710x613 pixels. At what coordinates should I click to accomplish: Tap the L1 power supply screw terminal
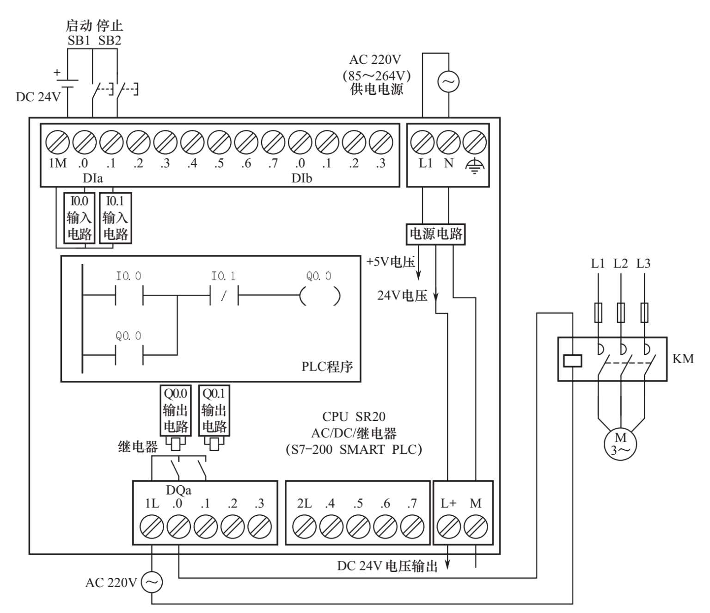[422, 142]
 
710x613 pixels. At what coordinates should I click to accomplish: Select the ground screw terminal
[475, 142]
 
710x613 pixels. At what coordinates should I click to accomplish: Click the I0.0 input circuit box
[79, 218]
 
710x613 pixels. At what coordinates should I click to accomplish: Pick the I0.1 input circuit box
[115, 218]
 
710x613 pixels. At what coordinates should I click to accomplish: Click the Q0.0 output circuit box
[175, 410]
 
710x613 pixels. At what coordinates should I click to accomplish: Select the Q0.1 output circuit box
[214, 410]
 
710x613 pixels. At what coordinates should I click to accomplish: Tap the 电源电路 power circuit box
[436, 234]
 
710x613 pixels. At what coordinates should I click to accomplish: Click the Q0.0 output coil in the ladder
[320, 296]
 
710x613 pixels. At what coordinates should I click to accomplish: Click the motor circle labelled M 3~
[620, 444]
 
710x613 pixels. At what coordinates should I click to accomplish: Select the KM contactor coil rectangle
[573, 360]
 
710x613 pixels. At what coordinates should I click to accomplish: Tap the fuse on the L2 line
[621, 312]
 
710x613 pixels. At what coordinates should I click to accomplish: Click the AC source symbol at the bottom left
[152, 582]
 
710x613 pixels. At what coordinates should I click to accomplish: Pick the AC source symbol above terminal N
[448, 82]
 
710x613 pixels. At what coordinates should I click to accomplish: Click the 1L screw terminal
[152, 527]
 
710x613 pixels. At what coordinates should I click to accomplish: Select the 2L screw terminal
[305, 527]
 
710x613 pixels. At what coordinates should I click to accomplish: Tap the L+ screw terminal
[448, 527]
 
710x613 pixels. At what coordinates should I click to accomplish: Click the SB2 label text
[110, 40]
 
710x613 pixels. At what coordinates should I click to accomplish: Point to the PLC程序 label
[327, 367]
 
